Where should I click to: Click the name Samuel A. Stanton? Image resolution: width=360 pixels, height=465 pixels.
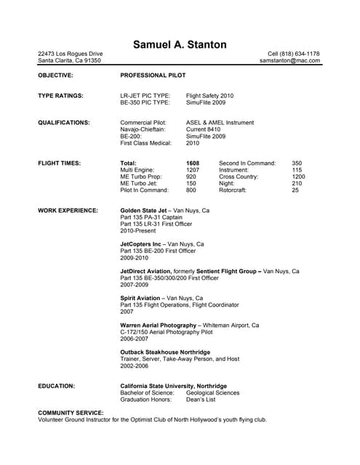pyautogui.click(x=180, y=44)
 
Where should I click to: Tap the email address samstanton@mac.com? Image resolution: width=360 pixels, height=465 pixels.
pyautogui.click(x=289, y=61)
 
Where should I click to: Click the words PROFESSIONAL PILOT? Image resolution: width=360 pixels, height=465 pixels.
pyautogui.click(x=153, y=75)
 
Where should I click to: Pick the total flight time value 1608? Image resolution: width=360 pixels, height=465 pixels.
pyautogui.click(x=193, y=163)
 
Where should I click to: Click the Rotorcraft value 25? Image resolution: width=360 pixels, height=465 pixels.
pyautogui.click(x=295, y=190)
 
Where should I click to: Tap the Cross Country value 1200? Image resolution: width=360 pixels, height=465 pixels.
pyautogui.click(x=298, y=177)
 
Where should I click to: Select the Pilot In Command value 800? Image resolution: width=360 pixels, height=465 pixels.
pyautogui.click(x=191, y=190)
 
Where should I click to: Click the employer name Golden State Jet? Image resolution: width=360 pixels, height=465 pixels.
pyautogui.click(x=144, y=210)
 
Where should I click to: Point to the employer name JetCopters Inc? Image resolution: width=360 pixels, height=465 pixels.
pyautogui.click(x=140, y=244)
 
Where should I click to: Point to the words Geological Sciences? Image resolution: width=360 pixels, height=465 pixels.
pyautogui.click(x=212, y=392)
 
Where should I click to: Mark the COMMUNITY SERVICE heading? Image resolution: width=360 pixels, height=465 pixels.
pyautogui.click(x=71, y=413)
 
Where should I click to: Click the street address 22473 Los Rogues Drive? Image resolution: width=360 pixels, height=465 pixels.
pyautogui.click(x=70, y=54)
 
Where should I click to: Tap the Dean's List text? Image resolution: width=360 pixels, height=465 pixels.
pyautogui.click(x=201, y=399)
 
